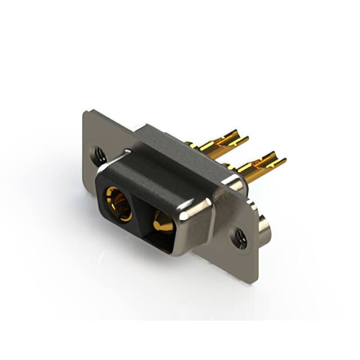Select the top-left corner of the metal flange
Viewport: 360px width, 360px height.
(x=85, y=112)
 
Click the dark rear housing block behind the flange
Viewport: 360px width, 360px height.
(x=169, y=143)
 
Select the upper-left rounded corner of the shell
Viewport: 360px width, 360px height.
(x=104, y=169)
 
